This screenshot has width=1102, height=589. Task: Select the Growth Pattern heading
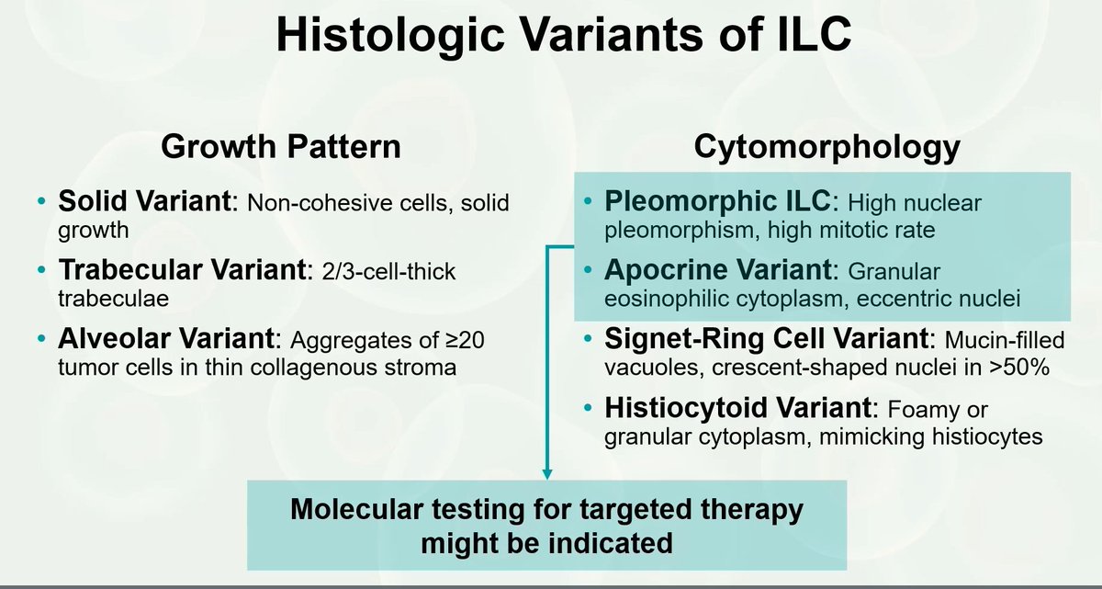(x=280, y=147)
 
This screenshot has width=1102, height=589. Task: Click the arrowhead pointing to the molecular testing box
(x=547, y=473)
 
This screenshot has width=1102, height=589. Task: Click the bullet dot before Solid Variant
(x=39, y=202)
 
